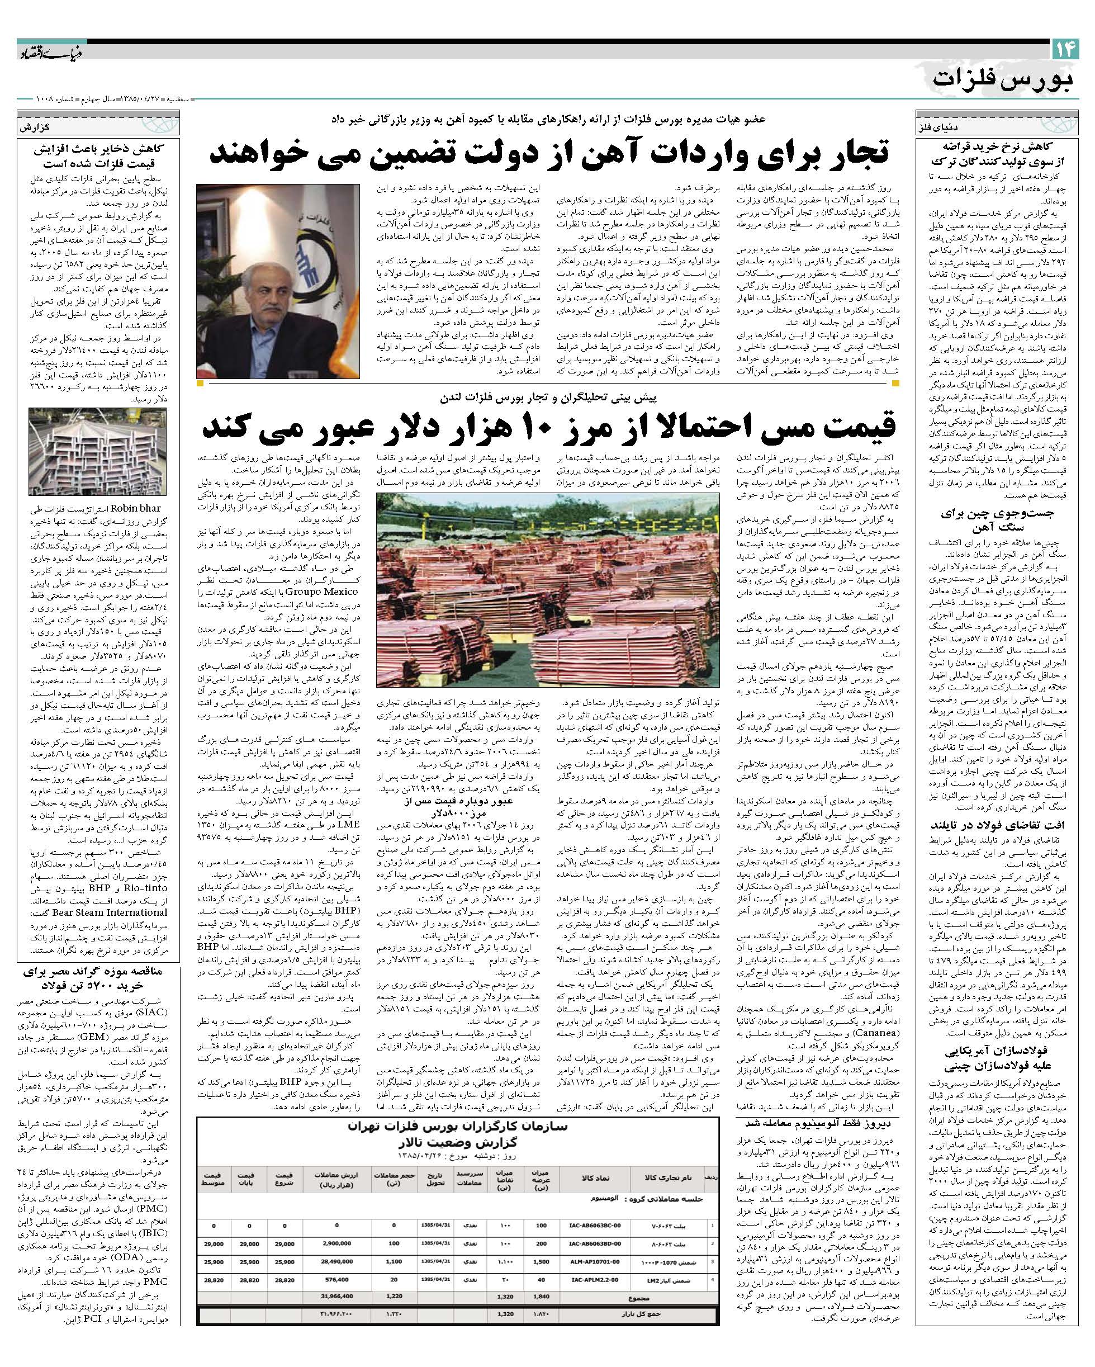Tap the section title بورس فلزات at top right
(1005, 79)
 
